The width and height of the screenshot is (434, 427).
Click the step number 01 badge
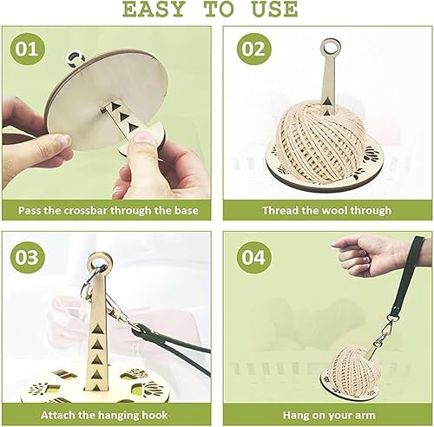click(27, 49)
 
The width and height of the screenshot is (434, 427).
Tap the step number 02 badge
click(253, 49)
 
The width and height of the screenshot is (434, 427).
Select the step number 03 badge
click(27, 257)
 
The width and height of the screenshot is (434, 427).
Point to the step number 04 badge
click(253, 257)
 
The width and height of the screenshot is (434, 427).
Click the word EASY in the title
click(154, 9)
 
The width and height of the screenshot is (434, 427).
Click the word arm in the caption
click(365, 416)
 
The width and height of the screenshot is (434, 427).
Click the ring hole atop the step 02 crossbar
click(330, 47)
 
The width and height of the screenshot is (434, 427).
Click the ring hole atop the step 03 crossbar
click(100, 262)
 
